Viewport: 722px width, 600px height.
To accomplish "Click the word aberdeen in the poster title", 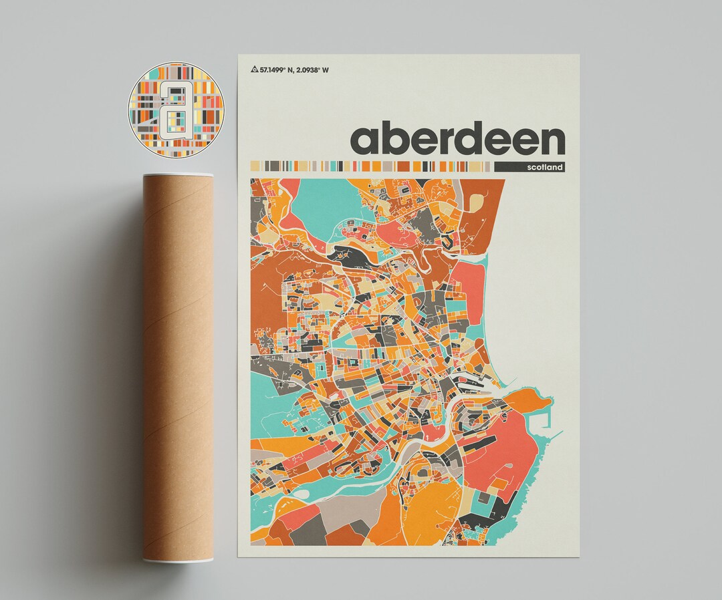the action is tap(457, 139).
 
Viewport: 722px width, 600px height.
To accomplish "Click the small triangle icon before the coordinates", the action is tap(255, 69).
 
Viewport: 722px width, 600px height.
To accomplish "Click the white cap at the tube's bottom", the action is tap(178, 560).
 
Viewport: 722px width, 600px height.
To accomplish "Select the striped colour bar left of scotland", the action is tap(371, 166).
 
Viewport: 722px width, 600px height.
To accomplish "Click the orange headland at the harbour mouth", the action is tap(527, 401).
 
